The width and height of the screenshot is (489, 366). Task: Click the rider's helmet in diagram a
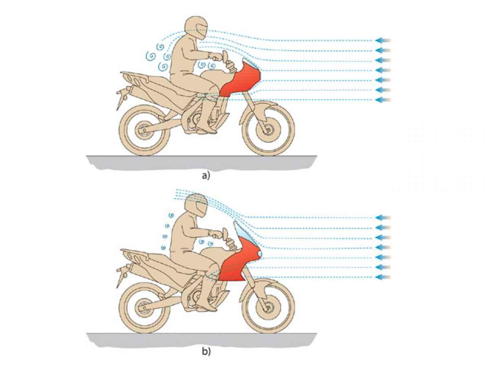[x=196, y=28]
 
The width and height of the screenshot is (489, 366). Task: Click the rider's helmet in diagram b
[x=196, y=205]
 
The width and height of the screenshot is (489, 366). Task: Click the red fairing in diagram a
[x=240, y=79]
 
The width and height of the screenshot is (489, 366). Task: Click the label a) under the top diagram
[x=206, y=176]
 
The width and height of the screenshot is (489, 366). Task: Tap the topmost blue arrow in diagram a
[x=383, y=40]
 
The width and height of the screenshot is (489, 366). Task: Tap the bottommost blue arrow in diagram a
[x=383, y=100]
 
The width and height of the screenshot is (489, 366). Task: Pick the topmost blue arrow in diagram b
[x=383, y=218]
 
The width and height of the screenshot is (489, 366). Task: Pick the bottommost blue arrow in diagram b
[x=383, y=277]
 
